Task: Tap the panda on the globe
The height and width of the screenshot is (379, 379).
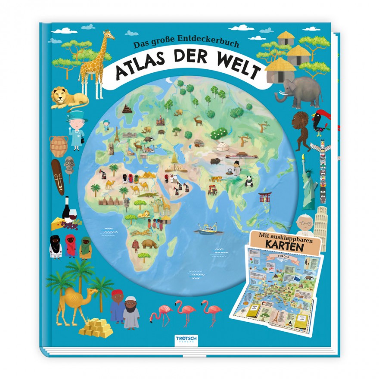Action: click(249, 181)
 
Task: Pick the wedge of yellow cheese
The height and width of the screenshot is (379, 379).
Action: click(58, 223)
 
